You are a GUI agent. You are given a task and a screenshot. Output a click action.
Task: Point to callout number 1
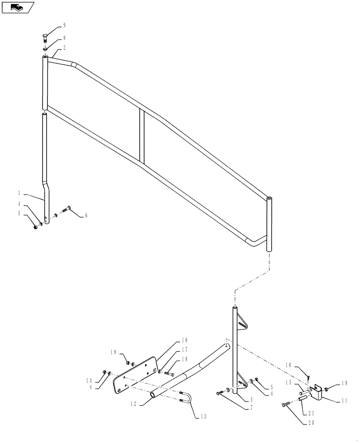point(20,194)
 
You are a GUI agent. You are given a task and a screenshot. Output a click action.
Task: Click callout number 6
point(86,215)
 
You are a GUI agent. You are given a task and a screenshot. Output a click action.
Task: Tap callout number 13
point(204,416)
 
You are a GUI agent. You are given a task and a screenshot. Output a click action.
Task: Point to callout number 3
point(251,400)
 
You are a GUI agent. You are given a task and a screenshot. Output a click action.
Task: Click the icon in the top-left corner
point(18,7)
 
